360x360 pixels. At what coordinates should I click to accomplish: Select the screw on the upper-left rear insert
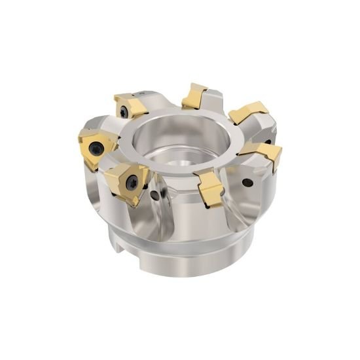pos(124,113)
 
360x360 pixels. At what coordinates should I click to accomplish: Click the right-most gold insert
pos(265,154)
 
